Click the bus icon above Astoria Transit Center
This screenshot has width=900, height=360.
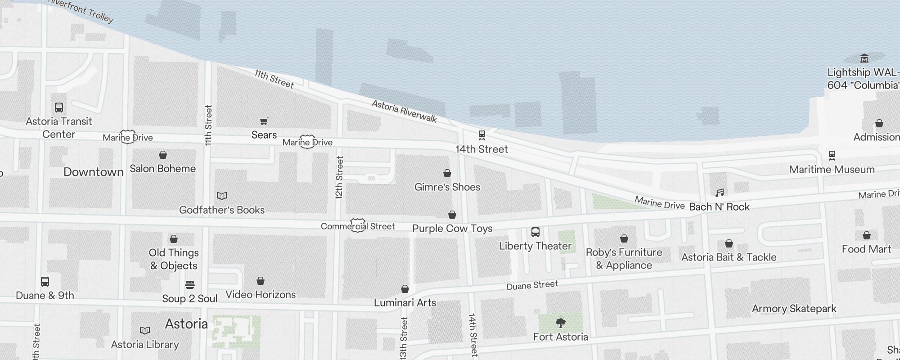(x=59, y=108)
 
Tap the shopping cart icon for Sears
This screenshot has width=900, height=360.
(x=264, y=121)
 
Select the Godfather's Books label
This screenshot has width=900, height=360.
(x=222, y=210)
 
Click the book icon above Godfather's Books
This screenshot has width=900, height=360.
(x=222, y=196)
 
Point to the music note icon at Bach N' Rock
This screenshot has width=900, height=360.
(x=720, y=193)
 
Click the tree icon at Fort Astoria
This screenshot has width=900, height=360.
(x=560, y=323)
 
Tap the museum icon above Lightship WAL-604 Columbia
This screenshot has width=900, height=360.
(x=864, y=58)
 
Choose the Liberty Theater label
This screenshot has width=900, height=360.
(x=535, y=246)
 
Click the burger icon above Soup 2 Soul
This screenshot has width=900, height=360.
(x=190, y=285)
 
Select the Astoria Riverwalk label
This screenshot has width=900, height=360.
(x=404, y=111)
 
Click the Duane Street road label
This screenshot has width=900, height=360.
(x=532, y=285)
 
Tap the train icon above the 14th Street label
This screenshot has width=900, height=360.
(x=481, y=135)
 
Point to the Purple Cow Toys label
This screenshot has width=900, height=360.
(x=452, y=229)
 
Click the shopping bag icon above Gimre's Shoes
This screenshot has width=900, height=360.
(x=447, y=173)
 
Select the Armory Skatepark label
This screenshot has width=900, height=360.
(x=794, y=309)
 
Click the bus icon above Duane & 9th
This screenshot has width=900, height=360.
(x=45, y=282)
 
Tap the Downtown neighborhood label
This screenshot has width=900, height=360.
(x=94, y=172)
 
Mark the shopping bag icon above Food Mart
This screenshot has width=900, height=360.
(x=866, y=235)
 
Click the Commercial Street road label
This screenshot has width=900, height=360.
(x=358, y=226)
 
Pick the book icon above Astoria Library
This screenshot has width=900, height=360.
(x=145, y=331)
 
